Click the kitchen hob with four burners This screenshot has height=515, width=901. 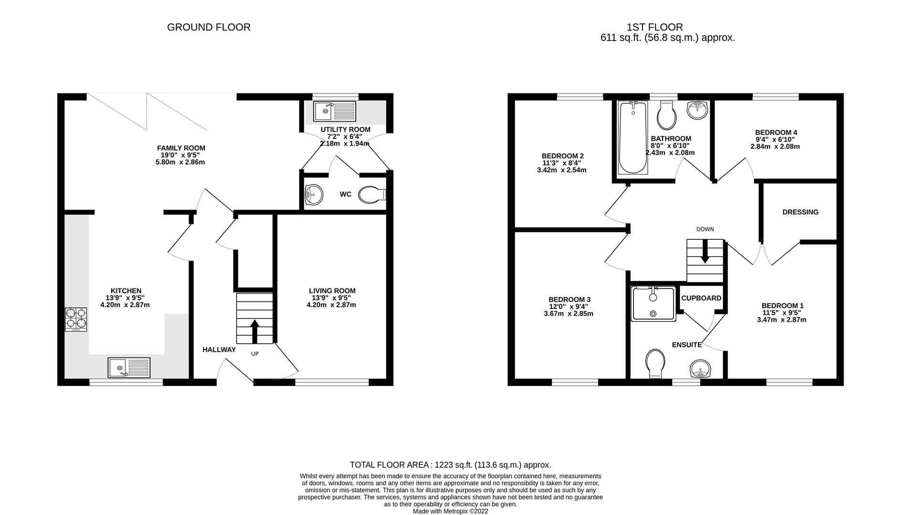pos(76,319)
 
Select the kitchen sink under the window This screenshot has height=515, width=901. pos(129,368)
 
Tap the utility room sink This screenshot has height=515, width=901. pos(334,112)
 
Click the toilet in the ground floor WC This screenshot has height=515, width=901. pos(372,195)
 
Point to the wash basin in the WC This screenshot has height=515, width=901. pos(313,195)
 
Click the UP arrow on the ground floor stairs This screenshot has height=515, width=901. pos(255,331)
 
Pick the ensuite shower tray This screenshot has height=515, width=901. pos(653,303)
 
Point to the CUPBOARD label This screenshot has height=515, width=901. pos(701,298)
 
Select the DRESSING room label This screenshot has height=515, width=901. pos(800,212)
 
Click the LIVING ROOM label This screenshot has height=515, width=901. pos(332,291)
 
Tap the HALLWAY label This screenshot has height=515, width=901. pos(219,350)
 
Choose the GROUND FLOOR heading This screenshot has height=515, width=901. pos(208,28)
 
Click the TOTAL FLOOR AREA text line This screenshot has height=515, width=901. pos(450,464)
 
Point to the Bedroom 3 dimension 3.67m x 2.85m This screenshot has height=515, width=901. pos(569,314)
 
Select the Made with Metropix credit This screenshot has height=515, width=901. pos(450,511)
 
